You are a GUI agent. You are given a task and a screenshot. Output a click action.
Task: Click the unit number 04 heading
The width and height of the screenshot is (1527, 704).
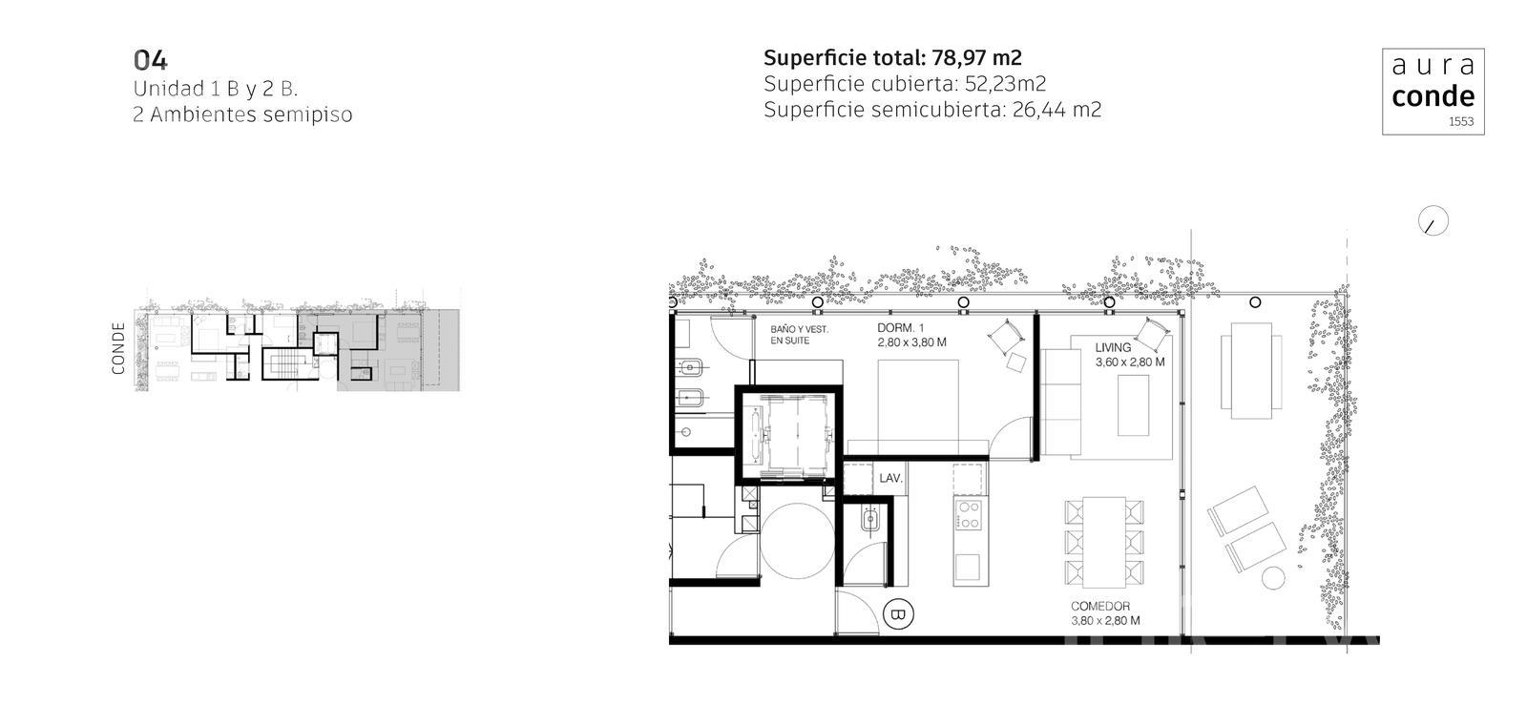[x=150, y=61]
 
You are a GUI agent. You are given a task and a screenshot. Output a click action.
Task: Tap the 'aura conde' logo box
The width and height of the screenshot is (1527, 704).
[x=1433, y=92]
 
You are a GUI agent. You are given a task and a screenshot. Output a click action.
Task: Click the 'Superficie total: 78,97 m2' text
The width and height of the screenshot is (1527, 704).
[x=892, y=58]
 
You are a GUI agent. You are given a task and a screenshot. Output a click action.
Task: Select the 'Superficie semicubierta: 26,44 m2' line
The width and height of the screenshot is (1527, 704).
[x=931, y=110]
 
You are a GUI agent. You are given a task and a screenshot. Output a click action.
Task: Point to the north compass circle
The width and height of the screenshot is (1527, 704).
[x=1433, y=221]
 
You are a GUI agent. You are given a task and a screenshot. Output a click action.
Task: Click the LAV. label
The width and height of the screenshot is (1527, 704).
[x=890, y=479]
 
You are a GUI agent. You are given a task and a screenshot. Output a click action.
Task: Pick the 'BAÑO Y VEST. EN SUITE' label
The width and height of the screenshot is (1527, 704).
[x=799, y=335]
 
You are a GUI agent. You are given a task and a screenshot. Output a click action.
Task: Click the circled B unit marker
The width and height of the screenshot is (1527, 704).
[x=898, y=614]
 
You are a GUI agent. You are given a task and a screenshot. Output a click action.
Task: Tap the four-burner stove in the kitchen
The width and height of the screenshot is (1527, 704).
[x=969, y=514]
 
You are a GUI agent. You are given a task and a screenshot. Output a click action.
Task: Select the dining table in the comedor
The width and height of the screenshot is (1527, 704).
[x=1103, y=543]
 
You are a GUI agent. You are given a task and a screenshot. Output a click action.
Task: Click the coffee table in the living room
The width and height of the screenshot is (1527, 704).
[x=1133, y=405]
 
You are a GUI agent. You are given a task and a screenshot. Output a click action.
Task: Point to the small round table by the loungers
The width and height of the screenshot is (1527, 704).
[x=1273, y=579]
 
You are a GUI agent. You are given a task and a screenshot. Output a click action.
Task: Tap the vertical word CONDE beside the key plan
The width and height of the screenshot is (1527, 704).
[x=118, y=348]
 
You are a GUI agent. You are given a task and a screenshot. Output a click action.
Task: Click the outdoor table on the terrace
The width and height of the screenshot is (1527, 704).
[x=1251, y=371]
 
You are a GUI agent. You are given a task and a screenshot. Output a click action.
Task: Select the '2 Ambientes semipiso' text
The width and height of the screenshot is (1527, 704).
[x=242, y=114]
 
